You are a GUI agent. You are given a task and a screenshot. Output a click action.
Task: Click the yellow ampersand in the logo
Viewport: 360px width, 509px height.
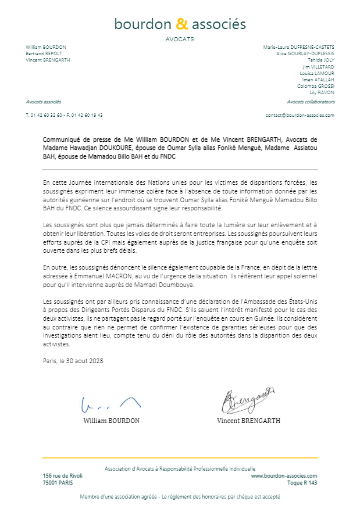pyautogui.click(x=182, y=24)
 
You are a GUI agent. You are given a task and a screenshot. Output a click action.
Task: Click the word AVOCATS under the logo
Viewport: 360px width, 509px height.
pyautogui.click(x=180, y=40)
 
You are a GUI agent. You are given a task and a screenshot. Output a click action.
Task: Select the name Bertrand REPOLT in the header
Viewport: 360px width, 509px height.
pyautogui.click(x=44, y=53)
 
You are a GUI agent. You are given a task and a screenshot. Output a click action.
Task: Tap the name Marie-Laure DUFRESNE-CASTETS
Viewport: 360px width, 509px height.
pyautogui.click(x=298, y=47)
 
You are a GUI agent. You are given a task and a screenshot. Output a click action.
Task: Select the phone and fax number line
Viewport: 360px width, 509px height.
pyautogui.click(x=64, y=115)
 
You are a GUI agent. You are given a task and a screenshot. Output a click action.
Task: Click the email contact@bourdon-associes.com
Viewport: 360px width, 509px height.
pyautogui.click(x=300, y=115)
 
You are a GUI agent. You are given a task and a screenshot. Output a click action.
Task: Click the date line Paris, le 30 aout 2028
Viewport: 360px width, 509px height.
pyautogui.click(x=73, y=361)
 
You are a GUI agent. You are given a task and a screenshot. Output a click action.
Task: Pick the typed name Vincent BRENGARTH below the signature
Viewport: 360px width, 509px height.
pyautogui.click(x=248, y=421)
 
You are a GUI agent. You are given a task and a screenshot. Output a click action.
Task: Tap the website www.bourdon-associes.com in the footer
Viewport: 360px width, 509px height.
pyautogui.click(x=284, y=475)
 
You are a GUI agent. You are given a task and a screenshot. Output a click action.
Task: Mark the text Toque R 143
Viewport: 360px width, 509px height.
pyautogui.click(x=302, y=482)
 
